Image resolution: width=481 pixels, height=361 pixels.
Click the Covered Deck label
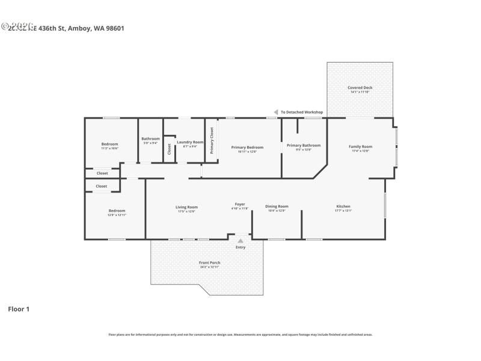360,87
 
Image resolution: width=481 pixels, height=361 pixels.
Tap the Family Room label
360,146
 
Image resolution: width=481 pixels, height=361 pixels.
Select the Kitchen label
343,206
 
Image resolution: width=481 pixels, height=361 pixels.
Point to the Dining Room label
277,206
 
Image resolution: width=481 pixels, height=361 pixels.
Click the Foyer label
240,205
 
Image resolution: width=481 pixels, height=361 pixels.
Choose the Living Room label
186,206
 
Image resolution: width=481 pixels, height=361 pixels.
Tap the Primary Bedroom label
247,147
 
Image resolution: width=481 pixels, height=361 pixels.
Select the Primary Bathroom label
303,145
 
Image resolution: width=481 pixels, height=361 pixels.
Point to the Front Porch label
209,263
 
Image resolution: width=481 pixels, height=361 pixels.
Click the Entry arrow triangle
240,241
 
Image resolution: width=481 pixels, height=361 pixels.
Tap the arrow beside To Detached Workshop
276,112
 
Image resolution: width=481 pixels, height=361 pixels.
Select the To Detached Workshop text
302,112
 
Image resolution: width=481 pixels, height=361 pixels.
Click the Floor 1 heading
18,309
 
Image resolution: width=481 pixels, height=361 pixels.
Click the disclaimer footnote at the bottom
240,335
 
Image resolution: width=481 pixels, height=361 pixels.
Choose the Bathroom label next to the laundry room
150,139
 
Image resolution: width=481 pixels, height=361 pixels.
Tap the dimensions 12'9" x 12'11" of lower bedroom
117,215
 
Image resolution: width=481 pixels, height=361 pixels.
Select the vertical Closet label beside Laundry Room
169,149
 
